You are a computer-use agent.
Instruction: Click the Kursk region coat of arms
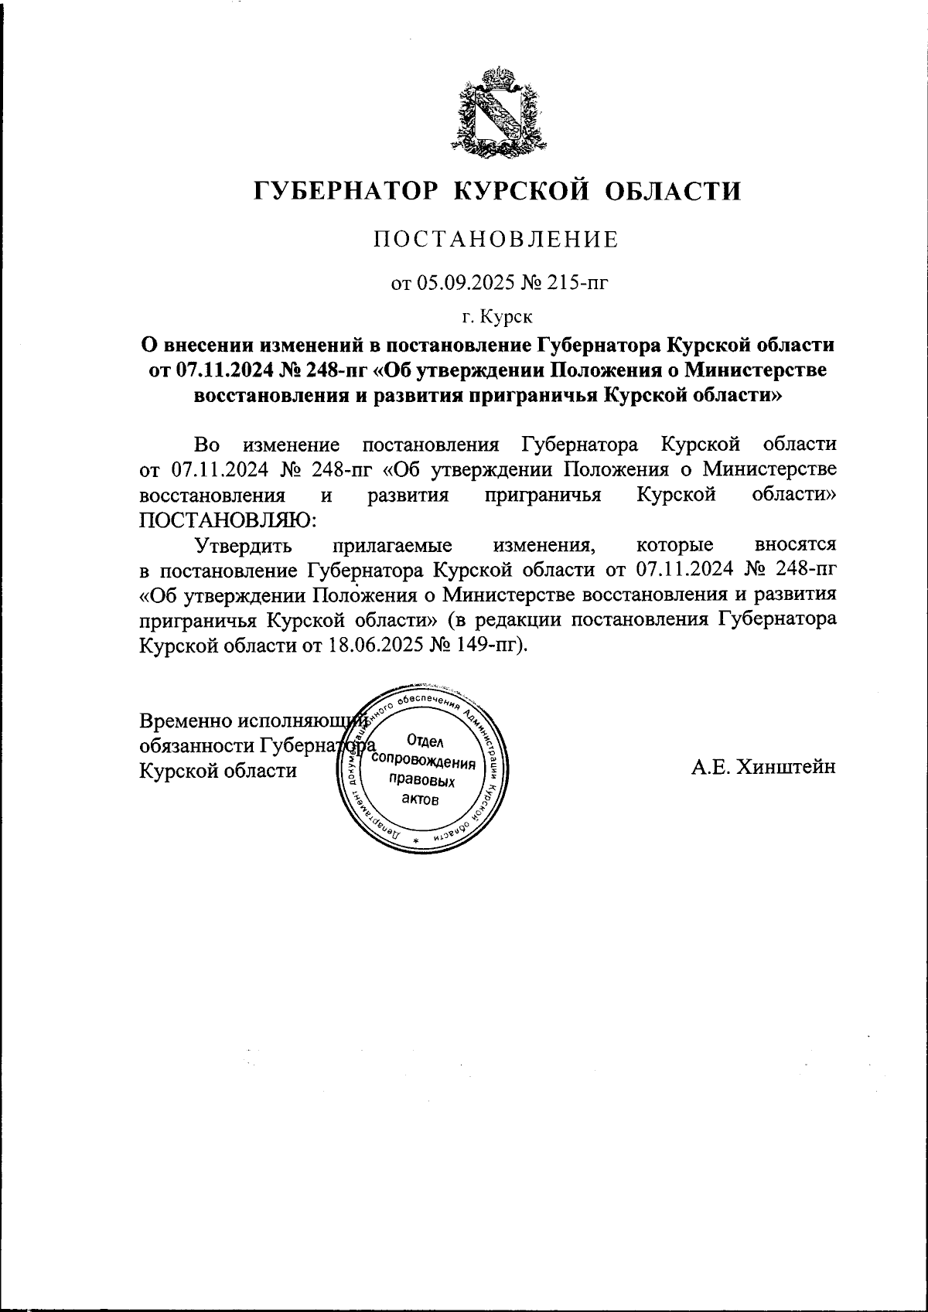pyautogui.click(x=500, y=109)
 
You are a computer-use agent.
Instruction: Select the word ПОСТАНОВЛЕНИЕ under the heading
pyautogui.click(x=496, y=240)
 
